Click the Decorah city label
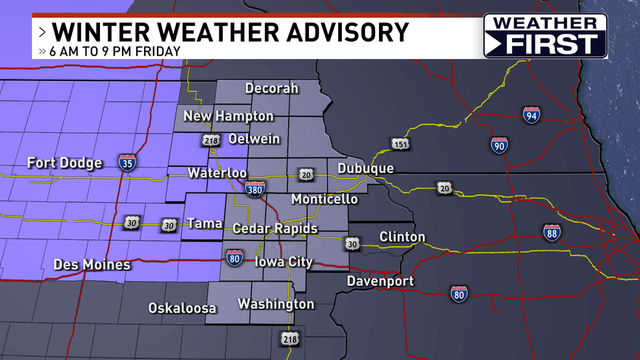click(x=271, y=88)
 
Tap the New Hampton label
click(x=228, y=116)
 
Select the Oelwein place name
click(x=254, y=139)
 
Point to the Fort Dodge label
click(x=64, y=163)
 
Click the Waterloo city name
click(x=217, y=173)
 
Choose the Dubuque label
click(x=365, y=169)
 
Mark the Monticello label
click(x=324, y=198)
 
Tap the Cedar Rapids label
click(x=275, y=228)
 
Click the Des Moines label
click(x=92, y=265)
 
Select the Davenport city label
click(x=380, y=282)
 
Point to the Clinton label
click(x=402, y=237)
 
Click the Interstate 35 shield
click(x=127, y=162)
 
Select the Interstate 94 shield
click(x=531, y=115)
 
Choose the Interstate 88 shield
click(x=552, y=233)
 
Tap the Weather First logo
click(x=545, y=36)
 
